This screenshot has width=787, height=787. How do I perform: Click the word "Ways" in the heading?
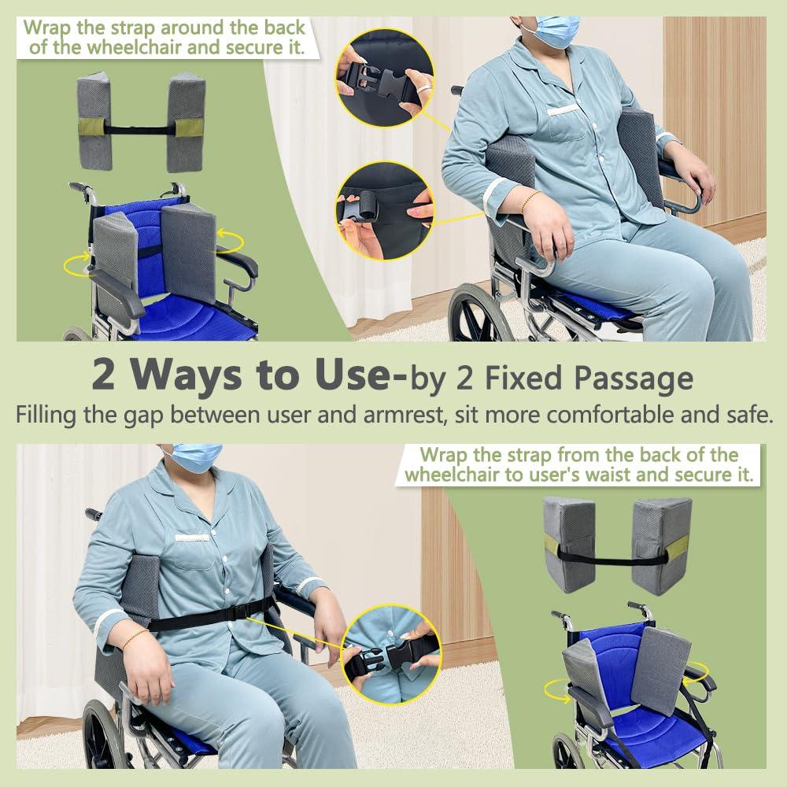pyautogui.click(x=187, y=376)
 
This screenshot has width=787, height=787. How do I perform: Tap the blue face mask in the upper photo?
pyautogui.click(x=557, y=29)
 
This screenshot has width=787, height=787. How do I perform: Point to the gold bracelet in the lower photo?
pyautogui.click(x=134, y=638)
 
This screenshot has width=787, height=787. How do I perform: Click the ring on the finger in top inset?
pyautogui.click(x=424, y=89)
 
